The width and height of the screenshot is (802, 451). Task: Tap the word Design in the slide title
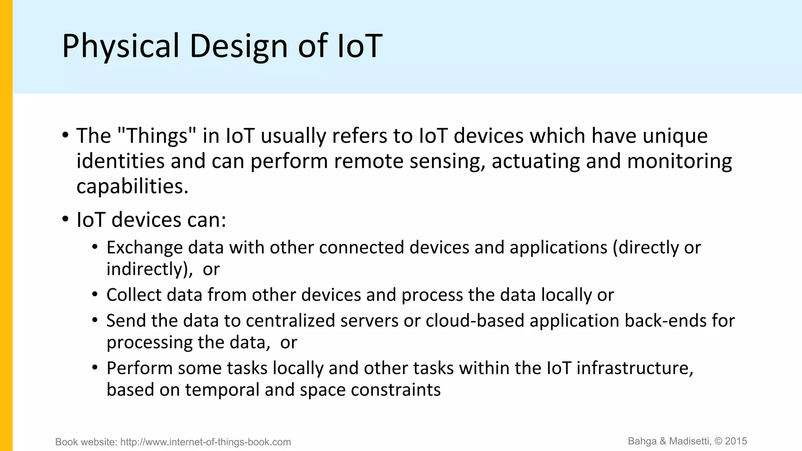[239, 46]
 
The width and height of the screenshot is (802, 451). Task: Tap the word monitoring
[679, 161]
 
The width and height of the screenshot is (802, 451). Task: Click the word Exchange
[144, 247]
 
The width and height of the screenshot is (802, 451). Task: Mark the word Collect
[134, 295]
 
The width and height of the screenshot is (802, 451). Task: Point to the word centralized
[290, 321]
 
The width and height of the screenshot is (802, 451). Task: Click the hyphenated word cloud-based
[475, 321]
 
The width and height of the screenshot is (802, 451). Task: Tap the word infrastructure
[634, 368]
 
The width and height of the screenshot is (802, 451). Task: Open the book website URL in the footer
[206, 442]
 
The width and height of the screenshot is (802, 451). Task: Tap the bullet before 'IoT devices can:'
[65, 219]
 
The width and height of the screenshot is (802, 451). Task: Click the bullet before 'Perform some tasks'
[95, 368]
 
